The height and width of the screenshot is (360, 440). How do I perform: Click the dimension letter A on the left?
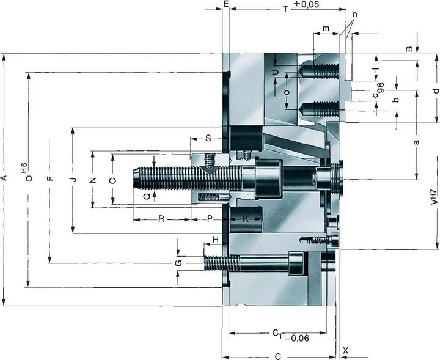pyautogui.click(x=4, y=178)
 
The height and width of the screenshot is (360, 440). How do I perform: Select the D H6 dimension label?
pyautogui.click(x=28, y=174)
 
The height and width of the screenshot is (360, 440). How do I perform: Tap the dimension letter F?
pyautogui.click(x=50, y=178)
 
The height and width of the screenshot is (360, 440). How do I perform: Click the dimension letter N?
pyautogui.click(x=93, y=180)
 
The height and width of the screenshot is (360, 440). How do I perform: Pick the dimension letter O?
pyautogui.click(x=112, y=180)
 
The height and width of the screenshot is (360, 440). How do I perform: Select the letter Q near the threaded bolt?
pyautogui.click(x=147, y=196)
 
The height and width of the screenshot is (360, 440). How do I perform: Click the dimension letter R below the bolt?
pyautogui.click(x=161, y=218)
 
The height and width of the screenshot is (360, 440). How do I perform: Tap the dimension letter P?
pyautogui.click(x=208, y=218)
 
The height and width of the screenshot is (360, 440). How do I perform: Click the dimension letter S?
pyautogui.click(x=208, y=139)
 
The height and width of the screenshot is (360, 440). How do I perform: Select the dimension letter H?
pyautogui.click(x=215, y=239)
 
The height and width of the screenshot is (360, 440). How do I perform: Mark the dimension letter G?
pyautogui.click(x=178, y=263)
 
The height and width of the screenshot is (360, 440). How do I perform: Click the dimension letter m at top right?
pyautogui.click(x=326, y=29)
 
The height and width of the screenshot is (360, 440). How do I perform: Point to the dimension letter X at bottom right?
pyautogui.click(x=346, y=351)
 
